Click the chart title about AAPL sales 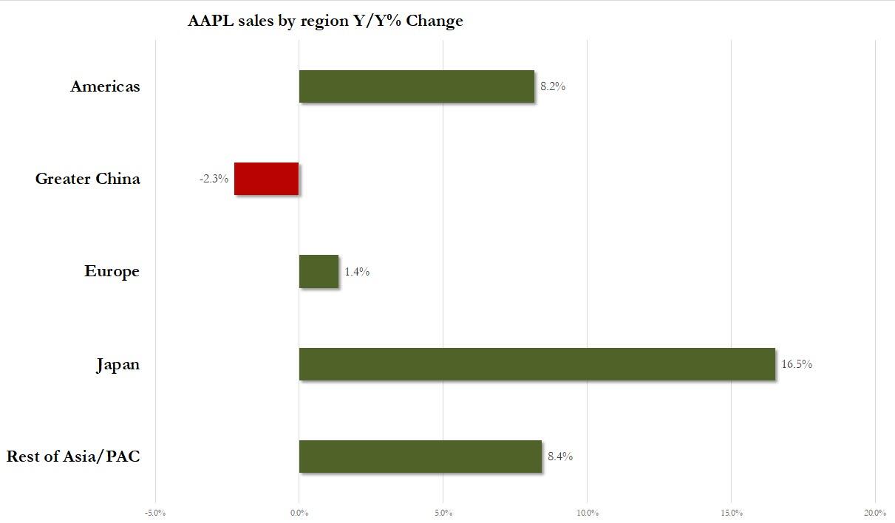pyautogui.click(x=325, y=21)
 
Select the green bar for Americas pyautogui.click(x=416, y=86)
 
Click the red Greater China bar pyautogui.click(x=267, y=179)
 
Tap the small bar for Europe pyautogui.click(x=319, y=271)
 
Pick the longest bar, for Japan pyautogui.click(x=537, y=364)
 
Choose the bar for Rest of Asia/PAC pyautogui.click(x=420, y=457)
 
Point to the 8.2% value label pyautogui.click(x=553, y=86)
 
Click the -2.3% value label pyautogui.click(x=214, y=179)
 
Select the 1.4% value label pyautogui.click(x=357, y=272)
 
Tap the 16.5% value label pyautogui.click(x=797, y=364)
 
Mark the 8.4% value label pyautogui.click(x=560, y=457)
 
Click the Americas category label pyautogui.click(x=105, y=86)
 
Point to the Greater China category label pyautogui.click(x=87, y=179)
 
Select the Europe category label pyautogui.click(x=112, y=271)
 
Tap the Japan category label pyautogui.click(x=118, y=365)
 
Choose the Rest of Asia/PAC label pyautogui.click(x=73, y=457)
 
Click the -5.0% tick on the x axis pyautogui.click(x=155, y=513)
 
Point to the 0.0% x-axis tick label pyautogui.click(x=299, y=513)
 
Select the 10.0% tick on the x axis pyautogui.click(x=587, y=513)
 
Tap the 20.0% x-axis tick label pyautogui.click(x=875, y=513)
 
